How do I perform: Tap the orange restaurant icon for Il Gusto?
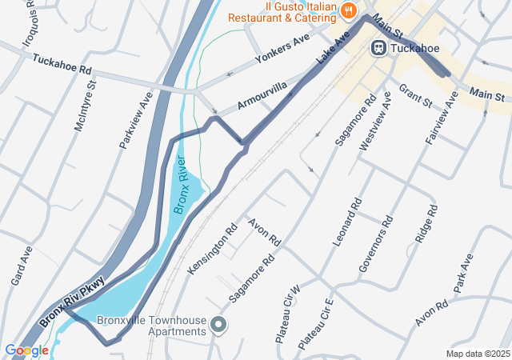pyautogui.click(x=348, y=10)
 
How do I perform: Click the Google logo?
pyautogui.click(x=26, y=350)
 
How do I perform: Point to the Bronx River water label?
pyautogui.click(x=181, y=185)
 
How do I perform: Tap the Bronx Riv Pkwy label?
pyautogui.click(x=72, y=302)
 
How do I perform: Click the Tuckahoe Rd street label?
pyautogui.click(x=62, y=62)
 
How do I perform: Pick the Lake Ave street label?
pyautogui.click(x=334, y=47)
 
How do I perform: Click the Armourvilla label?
pyautogui.click(x=262, y=97)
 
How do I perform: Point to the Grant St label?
pyautogui.click(x=415, y=96)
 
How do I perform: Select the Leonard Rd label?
pyautogui.click(x=346, y=226)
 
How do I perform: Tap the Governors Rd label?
pyautogui.click(x=375, y=245)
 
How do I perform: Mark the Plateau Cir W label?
pyautogui.click(x=286, y=314)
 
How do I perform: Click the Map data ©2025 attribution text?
pyautogui.click(x=477, y=354)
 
